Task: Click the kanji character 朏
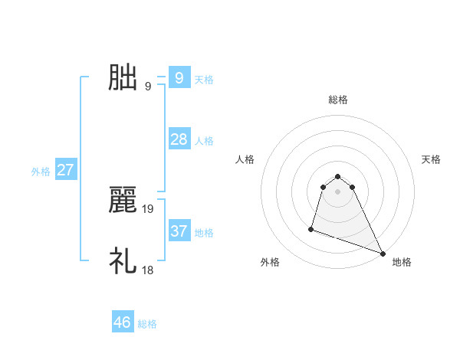tap(123, 78)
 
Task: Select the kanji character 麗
tap(123, 201)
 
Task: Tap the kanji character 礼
tap(123, 261)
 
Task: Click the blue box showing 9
tap(179, 78)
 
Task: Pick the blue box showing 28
tap(179, 139)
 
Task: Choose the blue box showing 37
tap(179, 231)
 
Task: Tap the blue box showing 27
tap(65, 170)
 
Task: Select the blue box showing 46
tap(123, 322)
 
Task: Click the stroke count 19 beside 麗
tap(148, 208)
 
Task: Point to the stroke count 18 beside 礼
tap(148, 269)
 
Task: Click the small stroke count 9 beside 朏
tap(147, 86)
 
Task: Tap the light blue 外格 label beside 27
tap(41, 172)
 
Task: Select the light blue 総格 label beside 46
tap(147, 324)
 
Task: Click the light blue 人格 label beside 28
tap(204, 141)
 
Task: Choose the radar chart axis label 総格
tap(338, 100)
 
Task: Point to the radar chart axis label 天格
tap(432, 159)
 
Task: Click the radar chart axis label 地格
tap(402, 262)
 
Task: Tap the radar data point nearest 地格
tap(383, 253)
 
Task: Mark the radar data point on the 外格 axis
tap(311, 228)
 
